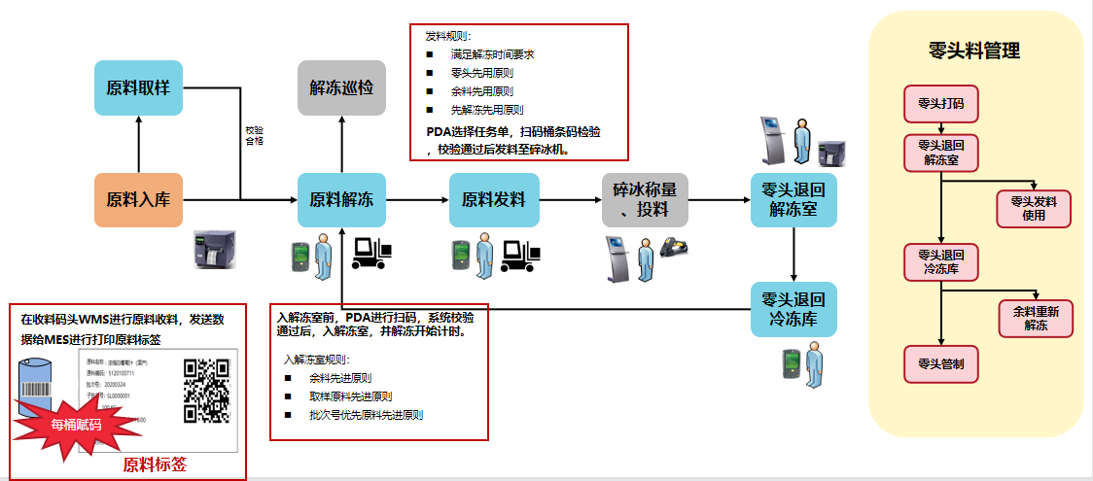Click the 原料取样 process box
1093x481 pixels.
coord(138,88)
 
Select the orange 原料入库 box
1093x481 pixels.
coord(138,200)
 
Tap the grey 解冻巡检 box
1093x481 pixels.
coord(340,88)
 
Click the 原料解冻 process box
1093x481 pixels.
coord(340,200)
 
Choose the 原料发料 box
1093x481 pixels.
coord(493,200)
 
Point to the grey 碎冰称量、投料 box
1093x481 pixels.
coord(645,200)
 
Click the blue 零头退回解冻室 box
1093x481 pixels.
coord(794,200)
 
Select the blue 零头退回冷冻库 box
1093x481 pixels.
coord(794,309)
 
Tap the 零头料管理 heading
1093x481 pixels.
coord(974,52)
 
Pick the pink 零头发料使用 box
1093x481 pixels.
coord(1034,209)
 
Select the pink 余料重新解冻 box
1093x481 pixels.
coord(1036,318)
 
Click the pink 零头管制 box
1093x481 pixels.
coord(940,364)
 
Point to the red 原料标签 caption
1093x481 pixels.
coord(155,464)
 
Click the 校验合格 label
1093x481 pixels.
coord(254,134)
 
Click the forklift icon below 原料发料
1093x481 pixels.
coord(520,255)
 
